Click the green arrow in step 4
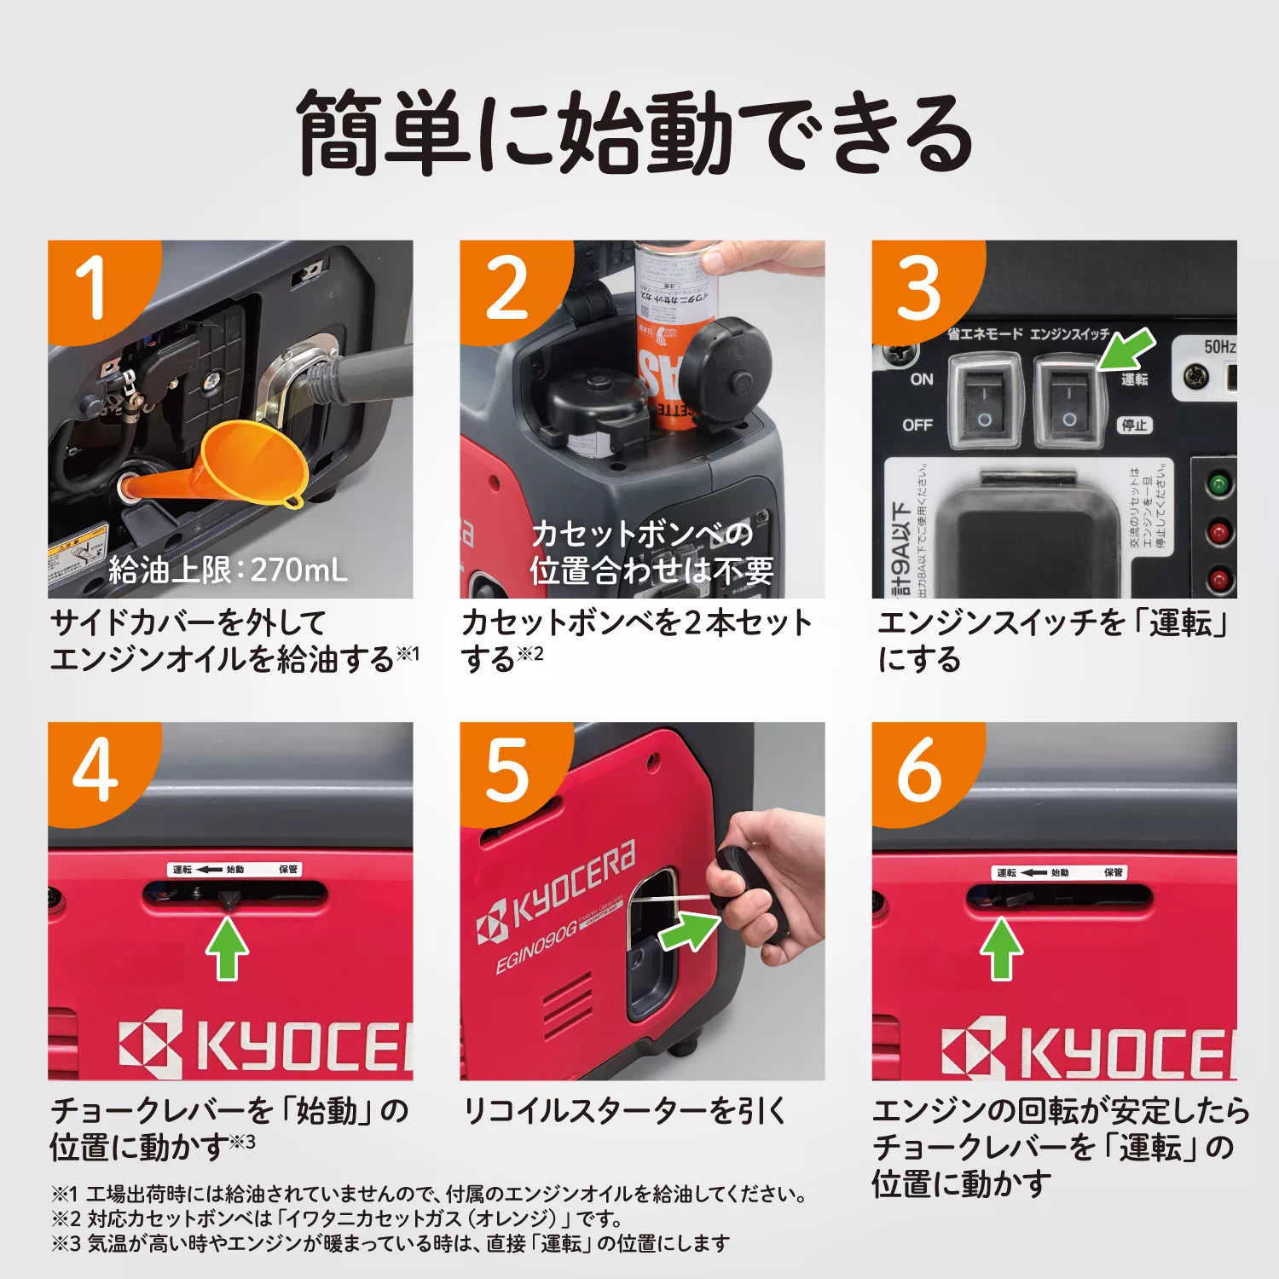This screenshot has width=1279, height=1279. pos(228,948)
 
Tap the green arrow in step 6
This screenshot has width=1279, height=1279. pos(1001,948)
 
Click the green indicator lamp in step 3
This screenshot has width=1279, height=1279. pos(1219,485)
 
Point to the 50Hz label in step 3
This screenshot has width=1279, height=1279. pos(1219,346)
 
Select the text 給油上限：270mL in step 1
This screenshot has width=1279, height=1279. pos(228,570)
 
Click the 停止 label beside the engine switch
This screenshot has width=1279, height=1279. pos(1134,425)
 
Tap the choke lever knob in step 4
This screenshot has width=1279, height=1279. pos(229,900)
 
